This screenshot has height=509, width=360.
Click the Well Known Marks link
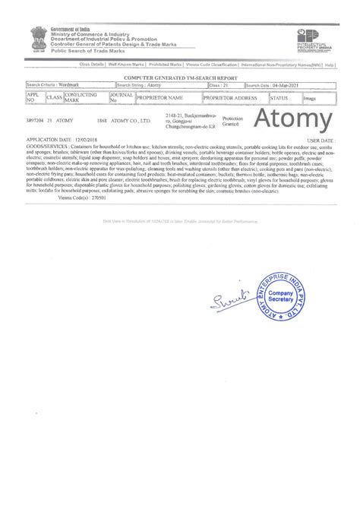coord(127,66)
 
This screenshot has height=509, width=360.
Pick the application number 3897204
coord(34,120)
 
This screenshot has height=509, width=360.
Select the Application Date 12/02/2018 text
coord(54,141)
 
